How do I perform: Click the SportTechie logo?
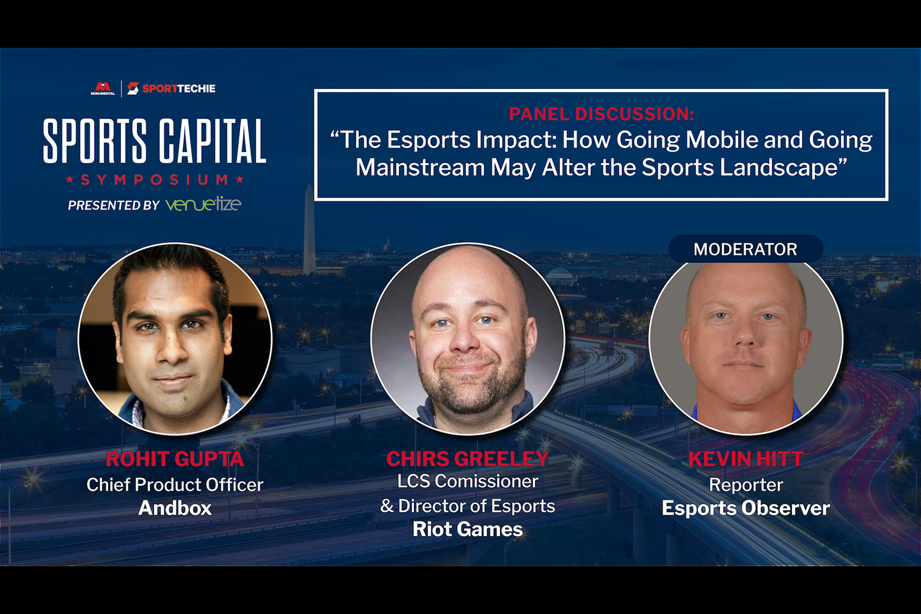pos(171,88)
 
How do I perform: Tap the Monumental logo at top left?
pos(103,88)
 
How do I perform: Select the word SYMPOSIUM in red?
pos(155,180)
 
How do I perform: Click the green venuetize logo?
pos(203,204)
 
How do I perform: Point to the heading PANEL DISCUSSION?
pos(601,114)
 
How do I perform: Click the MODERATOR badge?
pos(745,249)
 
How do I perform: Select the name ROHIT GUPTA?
pos(175,459)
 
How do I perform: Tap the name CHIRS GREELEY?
pos(467,459)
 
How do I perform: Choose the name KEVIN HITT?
pos(745,459)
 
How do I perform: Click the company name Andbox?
pos(175,508)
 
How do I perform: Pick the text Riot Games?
pos(467,529)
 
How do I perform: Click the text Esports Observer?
pos(745,508)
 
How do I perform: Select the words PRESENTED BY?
pos(114,205)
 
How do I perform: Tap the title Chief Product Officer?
pos(175,485)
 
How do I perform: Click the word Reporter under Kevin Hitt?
pos(746,485)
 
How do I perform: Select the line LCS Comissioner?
pos(467,481)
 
